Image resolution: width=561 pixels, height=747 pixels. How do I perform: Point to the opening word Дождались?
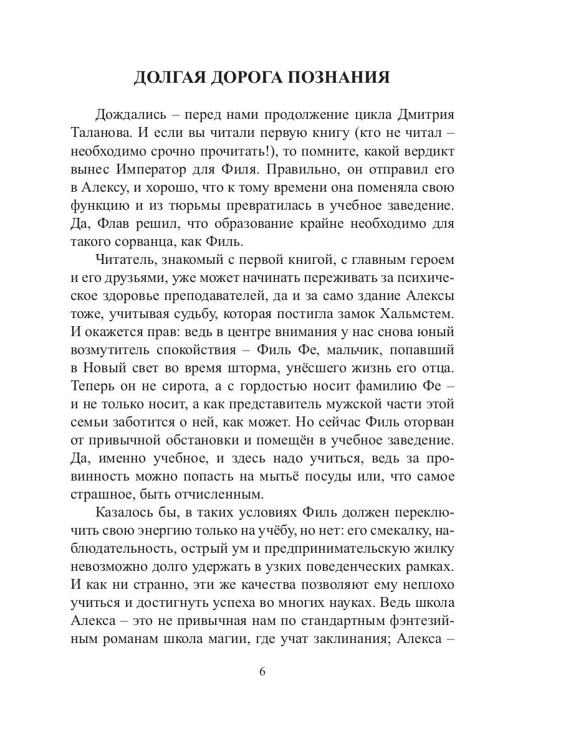pyautogui.click(x=130, y=116)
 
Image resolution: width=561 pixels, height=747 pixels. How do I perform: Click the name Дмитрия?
pyautogui.click(x=423, y=116)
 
